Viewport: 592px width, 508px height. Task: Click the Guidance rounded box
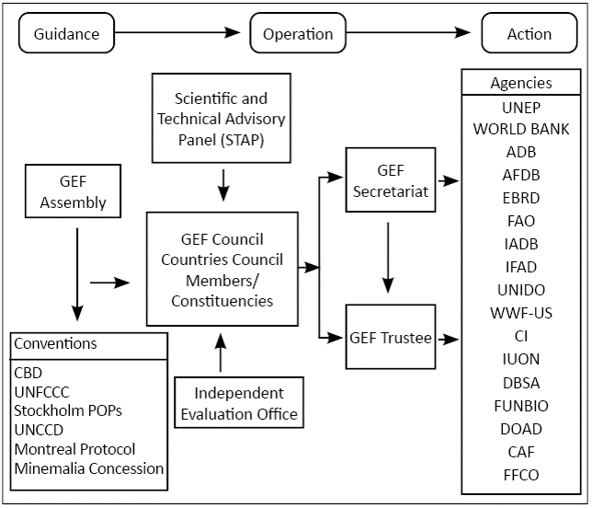click(x=65, y=34)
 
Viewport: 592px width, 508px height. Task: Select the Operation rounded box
click(x=298, y=34)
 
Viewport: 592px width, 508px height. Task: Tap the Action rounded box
click(x=529, y=34)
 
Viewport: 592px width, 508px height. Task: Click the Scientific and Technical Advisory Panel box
click(x=221, y=119)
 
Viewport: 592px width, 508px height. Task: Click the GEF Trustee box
click(x=390, y=338)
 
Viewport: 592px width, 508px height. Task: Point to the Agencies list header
click(x=521, y=83)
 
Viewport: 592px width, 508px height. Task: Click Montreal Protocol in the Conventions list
click(x=74, y=449)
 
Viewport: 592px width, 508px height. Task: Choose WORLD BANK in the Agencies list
click(x=521, y=129)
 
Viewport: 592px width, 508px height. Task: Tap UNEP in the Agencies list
click(x=521, y=106)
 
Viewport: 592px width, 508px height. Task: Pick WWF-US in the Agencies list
click(x=521, y=313)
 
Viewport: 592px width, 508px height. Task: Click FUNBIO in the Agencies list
click(x=521, y=405)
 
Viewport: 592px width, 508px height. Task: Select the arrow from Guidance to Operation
click(x=181, y=34)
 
